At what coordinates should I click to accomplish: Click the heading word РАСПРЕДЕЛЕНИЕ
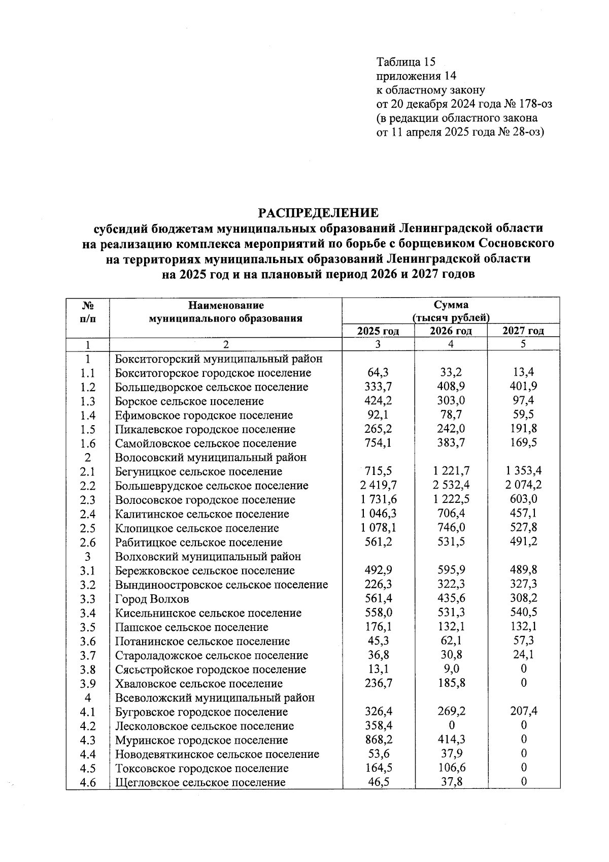click(x=319, y=212)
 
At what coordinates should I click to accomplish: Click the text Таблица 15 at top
click(x=406, y=62)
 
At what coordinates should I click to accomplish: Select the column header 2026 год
click(x=451, y=331)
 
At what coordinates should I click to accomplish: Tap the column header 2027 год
click(x=523, y=331)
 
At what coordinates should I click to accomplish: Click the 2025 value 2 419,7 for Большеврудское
click(x=379, y=485)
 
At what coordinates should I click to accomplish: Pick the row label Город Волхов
click(x=152, y=599)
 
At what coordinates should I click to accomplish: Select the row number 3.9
click(x=88, y=684)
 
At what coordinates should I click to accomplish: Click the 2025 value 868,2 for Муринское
click(x=379, y=740)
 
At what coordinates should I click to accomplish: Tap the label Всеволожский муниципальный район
click(x=215, y=698)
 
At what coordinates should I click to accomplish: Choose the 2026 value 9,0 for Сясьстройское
click(x=451, y=669)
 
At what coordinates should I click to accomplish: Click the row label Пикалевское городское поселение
click(x=205, y=429)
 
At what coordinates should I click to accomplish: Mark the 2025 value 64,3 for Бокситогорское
click(x=379, y=372)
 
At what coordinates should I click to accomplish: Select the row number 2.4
click(x=88, y=514)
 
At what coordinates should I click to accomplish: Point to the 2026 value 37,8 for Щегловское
click(x=451, y=782)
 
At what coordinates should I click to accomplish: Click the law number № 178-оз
click(x=528, y=105)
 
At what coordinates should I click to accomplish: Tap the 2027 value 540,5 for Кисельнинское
click(x=523, y=613)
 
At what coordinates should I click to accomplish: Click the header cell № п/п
click(x=88, y=312)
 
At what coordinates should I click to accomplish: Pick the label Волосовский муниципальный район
click(x=211, y=457)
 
